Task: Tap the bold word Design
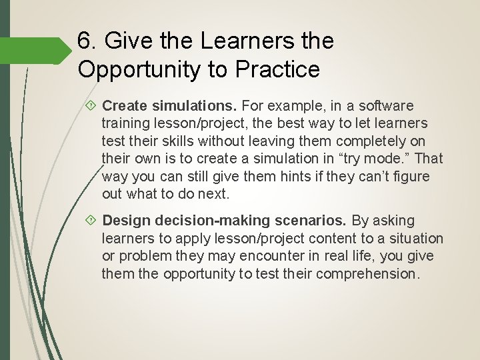125,221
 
